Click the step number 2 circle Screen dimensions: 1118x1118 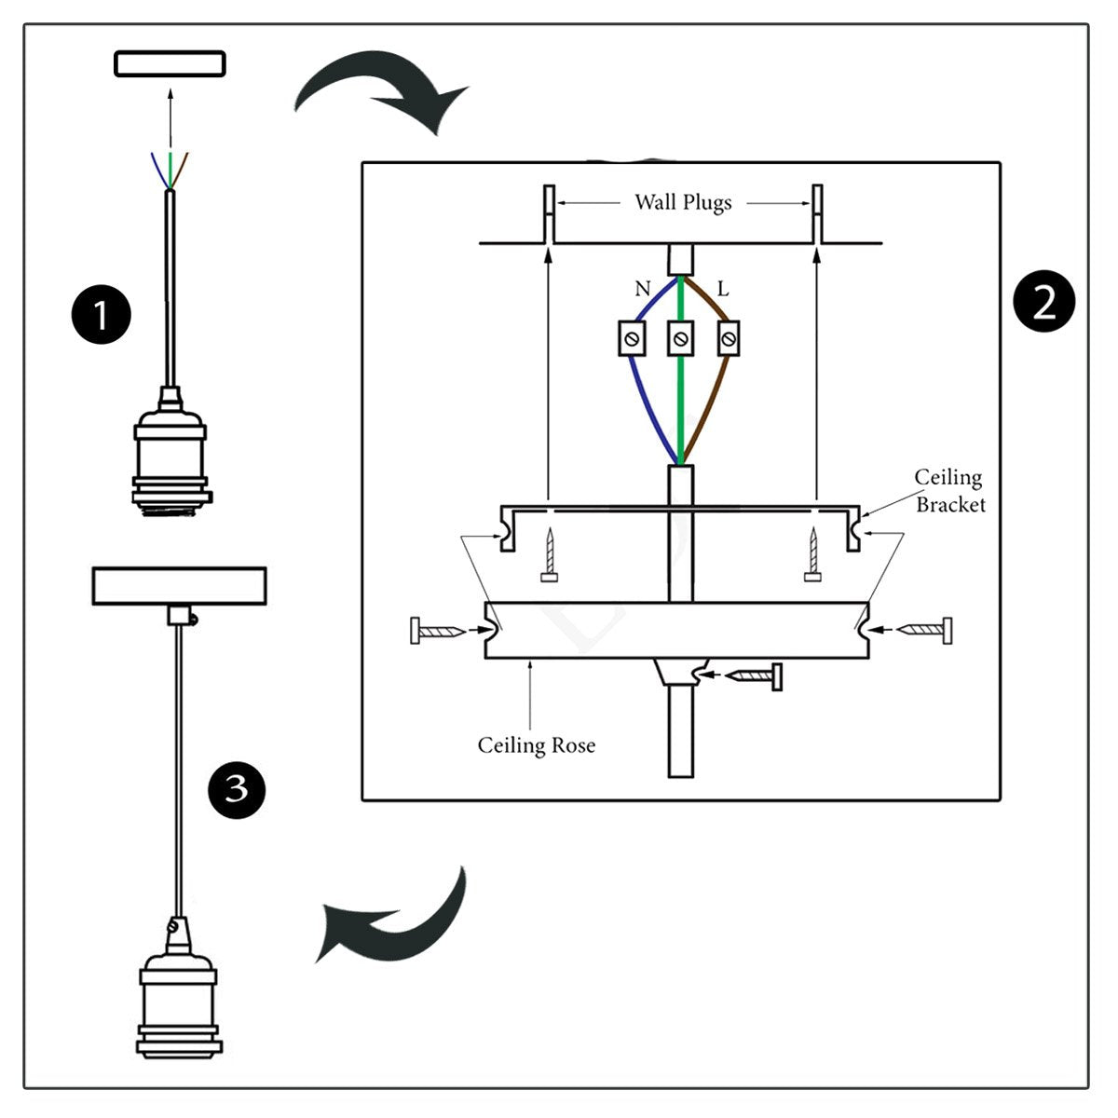(x=1043, y=302)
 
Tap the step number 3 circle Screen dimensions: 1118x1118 (x=237, y=789)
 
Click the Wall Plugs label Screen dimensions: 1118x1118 (x=683, y=202)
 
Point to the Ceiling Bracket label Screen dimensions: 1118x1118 (x=948, y=491)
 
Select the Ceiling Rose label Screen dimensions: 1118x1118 (x=536, y=745)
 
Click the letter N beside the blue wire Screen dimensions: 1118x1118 (x=642, y=289)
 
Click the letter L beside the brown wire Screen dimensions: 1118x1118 (x=723, y=289)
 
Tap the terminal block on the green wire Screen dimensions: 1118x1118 (x=681, y=338)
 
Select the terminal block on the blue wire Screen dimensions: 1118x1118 (x=633, y=338)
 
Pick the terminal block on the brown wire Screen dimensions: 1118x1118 (x=729, y=338)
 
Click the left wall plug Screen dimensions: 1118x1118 (x=549, y=214)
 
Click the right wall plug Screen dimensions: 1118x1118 (x=817, y=214)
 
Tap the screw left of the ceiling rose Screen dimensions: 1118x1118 (x=437, y=632)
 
